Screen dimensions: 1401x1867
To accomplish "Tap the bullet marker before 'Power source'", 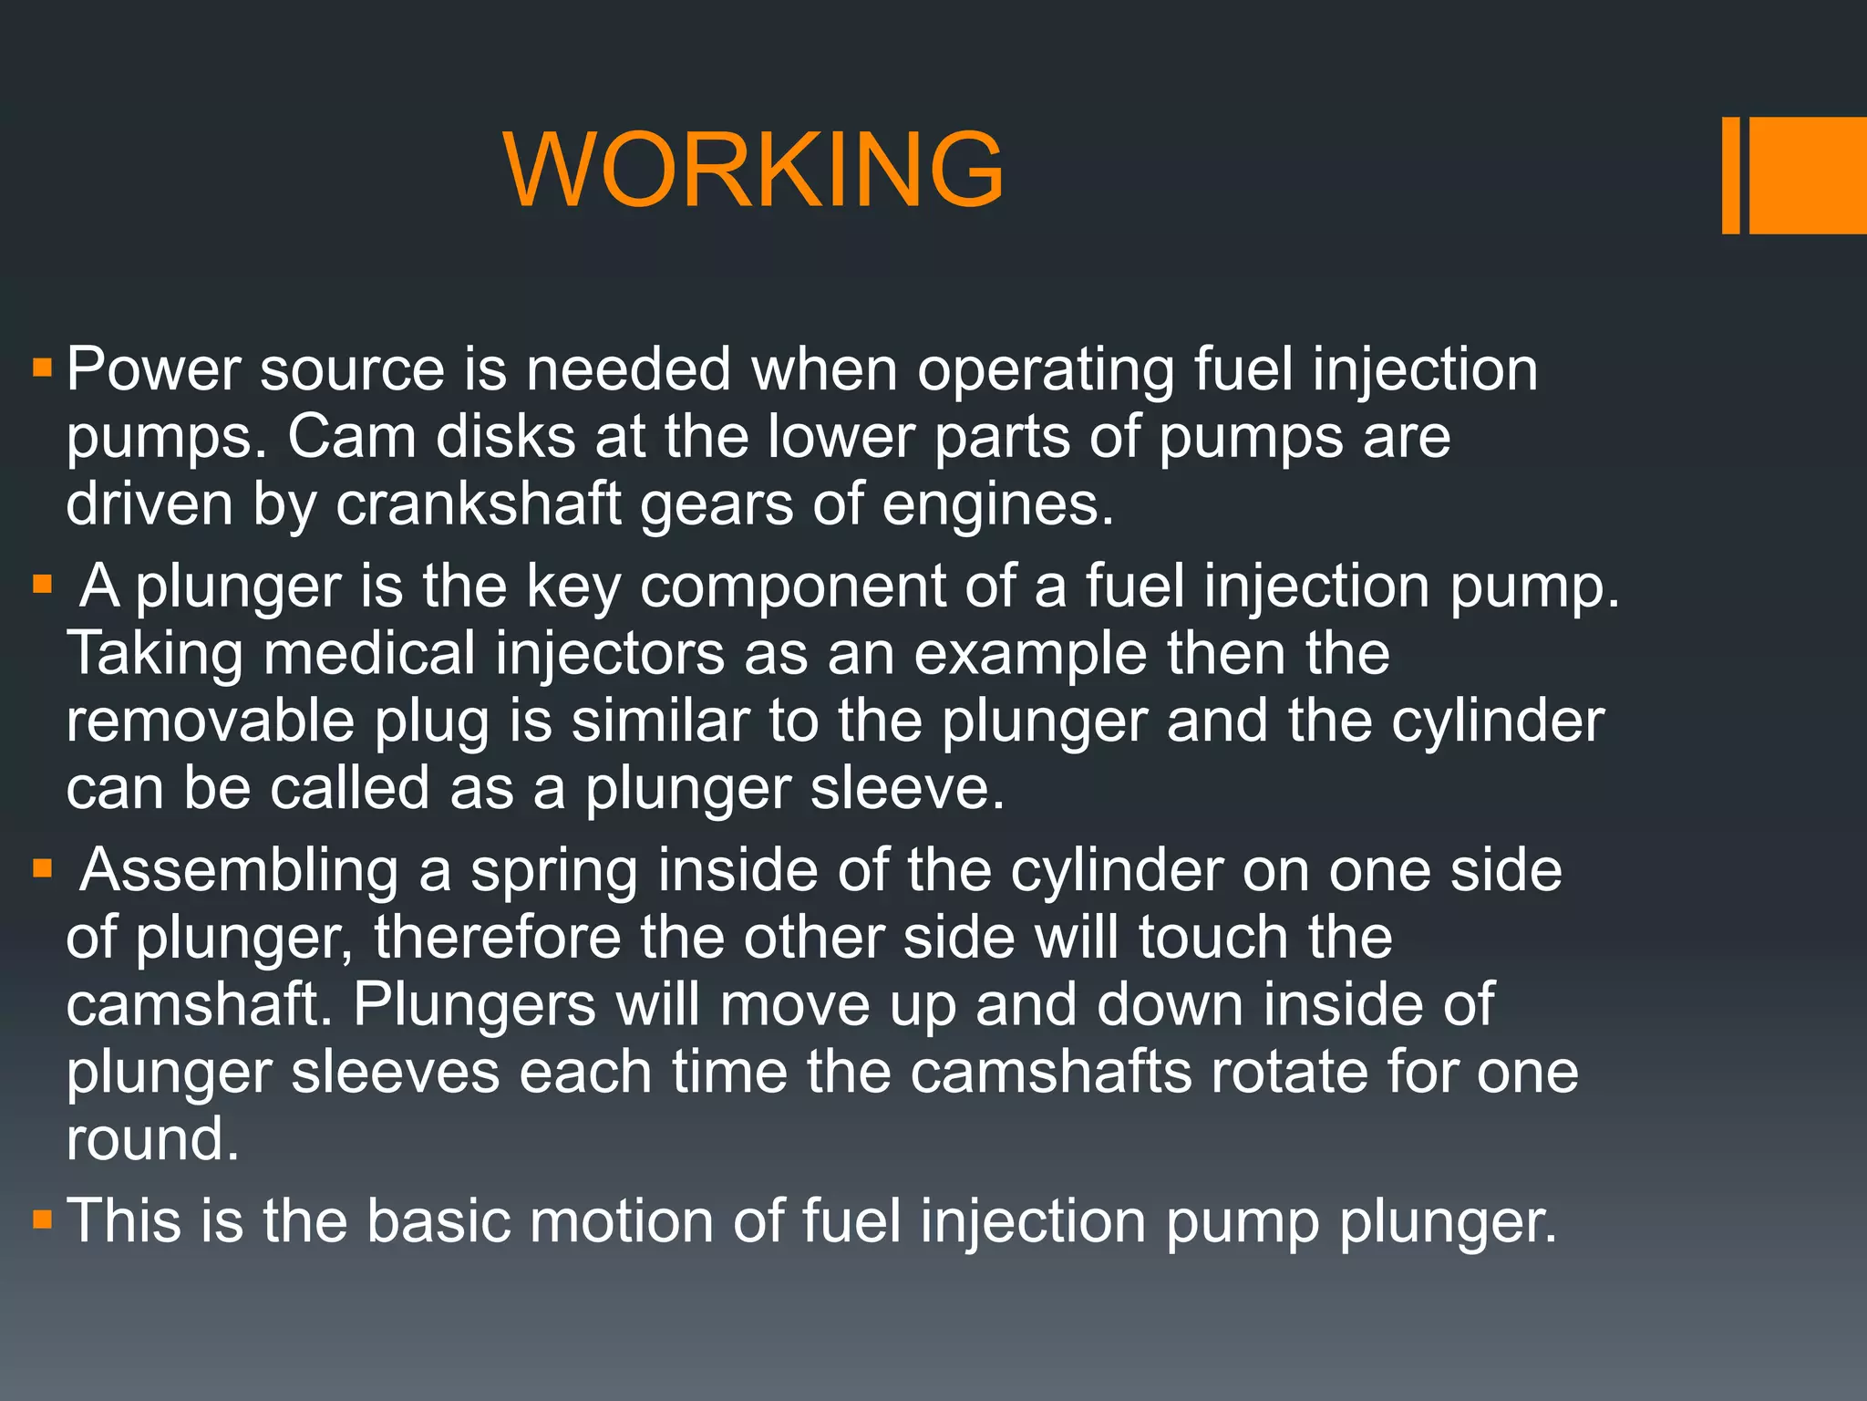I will [x=42, y=368].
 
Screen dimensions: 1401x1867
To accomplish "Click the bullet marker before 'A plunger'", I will [x=42, y=584].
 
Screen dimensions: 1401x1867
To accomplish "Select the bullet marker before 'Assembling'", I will [x=42, y=868].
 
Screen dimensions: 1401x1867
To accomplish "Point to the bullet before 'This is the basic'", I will [x=42, y=1219].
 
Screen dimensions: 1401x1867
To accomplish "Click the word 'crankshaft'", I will [x=479, y=504].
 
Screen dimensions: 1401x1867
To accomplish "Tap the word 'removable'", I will [x=210, y=721].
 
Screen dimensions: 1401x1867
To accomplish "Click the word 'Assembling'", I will [x=239, y=870].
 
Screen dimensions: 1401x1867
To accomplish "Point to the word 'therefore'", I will [x=497, y=938].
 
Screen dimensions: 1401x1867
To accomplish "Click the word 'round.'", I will [x=152, y=1139].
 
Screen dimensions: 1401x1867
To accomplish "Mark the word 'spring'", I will [x=554, y=872].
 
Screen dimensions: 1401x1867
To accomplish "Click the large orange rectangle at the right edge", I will [x=1808, y=175].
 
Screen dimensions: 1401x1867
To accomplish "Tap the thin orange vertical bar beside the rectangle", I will [x=1730, y=175].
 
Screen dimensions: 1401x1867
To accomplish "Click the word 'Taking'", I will [x=155, y=656].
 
